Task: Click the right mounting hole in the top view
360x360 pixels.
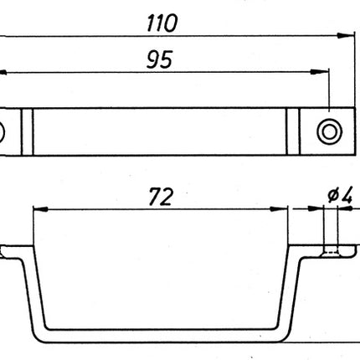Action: point(329,131)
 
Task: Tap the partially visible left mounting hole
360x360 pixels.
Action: point(2,131)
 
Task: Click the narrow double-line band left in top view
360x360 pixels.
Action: point(27,131)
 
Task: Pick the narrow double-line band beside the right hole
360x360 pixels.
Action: point(293,131)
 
